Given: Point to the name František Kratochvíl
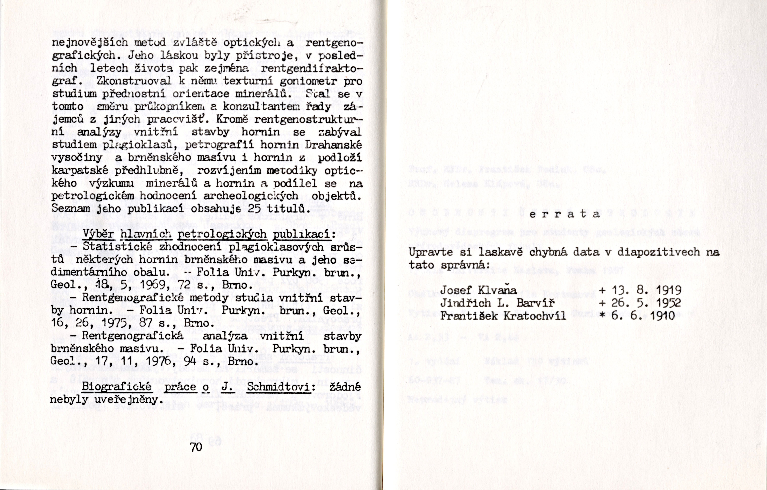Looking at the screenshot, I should (503, 316).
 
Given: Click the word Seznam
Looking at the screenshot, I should (71, 209).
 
